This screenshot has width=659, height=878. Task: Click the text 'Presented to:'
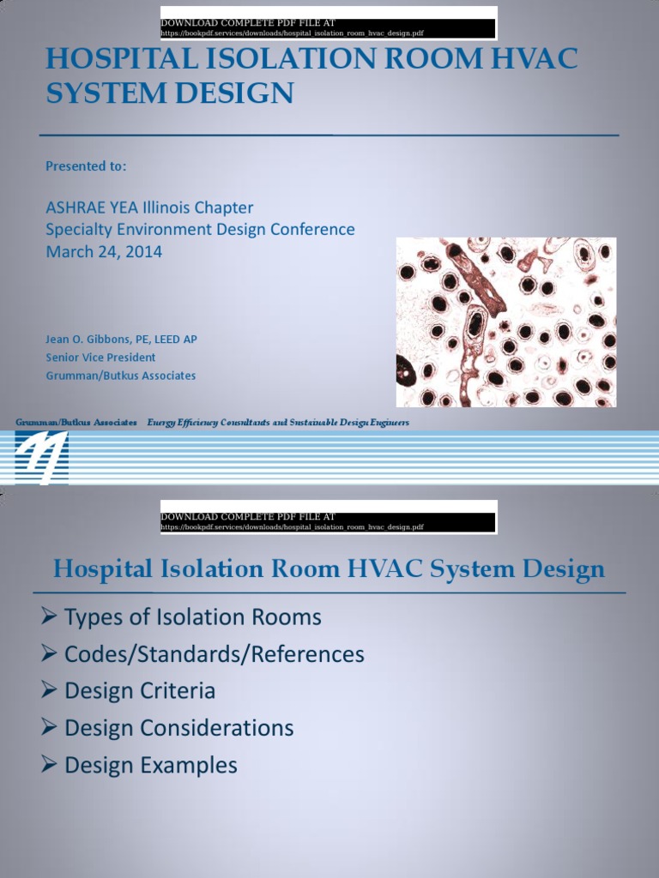(x=86, y=166)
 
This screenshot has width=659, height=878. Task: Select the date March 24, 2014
(x=104, y=251)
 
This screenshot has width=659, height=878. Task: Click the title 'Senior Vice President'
(x=100, y=357)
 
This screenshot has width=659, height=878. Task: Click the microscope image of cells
(x=505, y=322)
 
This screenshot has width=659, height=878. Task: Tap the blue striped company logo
(x=41, y=457)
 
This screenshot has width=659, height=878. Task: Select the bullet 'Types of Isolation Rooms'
(x=192, y=617)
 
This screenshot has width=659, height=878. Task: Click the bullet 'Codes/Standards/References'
(x=214, y=654)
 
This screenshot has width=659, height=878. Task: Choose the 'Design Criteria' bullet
(x=140, y=691)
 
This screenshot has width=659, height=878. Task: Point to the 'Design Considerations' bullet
(x=178, y=728)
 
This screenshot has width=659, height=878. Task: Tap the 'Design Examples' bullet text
(x=151, y=765)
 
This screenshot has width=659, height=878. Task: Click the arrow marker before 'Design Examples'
(x=49, y=764)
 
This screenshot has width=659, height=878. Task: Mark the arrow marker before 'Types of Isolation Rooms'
(x=49, y=616)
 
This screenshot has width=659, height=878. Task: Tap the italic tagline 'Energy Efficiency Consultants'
(x=210, y=423)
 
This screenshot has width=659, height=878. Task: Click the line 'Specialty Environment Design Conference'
(x=200, y=230)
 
